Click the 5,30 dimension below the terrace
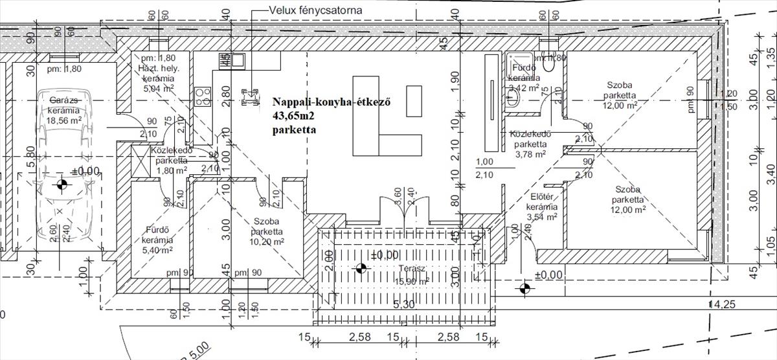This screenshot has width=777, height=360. pos(403,304)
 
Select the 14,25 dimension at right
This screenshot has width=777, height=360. pos(723,304)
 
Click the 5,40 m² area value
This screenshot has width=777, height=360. pos(157,250)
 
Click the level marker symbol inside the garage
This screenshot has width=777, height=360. pos(62,186)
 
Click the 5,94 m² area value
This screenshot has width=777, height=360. pos(155,89)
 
